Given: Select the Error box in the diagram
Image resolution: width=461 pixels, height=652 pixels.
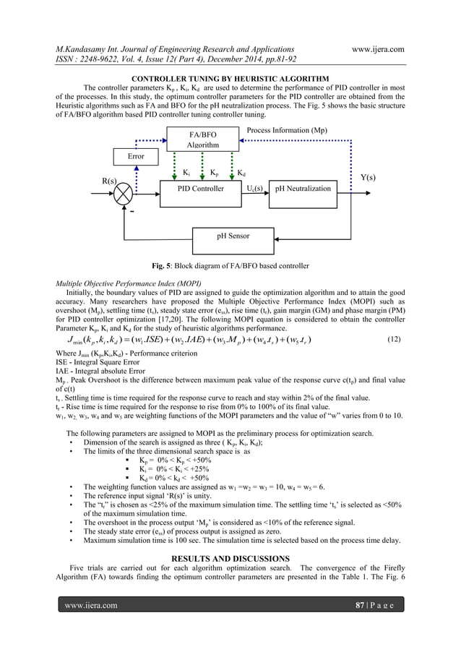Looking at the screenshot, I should pyautogui.click(x=136, y=156).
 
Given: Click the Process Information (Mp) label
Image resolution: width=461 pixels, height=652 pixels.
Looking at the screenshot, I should pyautogui.click(x=287, y=131).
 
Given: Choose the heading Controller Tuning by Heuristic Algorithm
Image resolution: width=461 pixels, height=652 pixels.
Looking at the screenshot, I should pyautogui.click(x=229, y=78).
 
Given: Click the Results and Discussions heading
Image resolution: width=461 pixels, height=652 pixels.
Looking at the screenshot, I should pyautogui.click(x=230, y=559).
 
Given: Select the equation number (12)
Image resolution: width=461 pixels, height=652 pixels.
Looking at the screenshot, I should pyautogui.click(x=394, y=339).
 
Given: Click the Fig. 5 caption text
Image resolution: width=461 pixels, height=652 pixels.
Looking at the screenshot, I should pyautogui.click(x=229, y=265).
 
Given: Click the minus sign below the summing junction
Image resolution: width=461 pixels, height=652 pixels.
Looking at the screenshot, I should pyautogui.click(x=132, y=212).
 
